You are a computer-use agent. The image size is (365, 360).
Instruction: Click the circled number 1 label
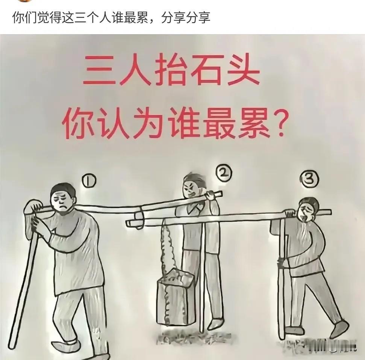[x=89, y=182]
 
